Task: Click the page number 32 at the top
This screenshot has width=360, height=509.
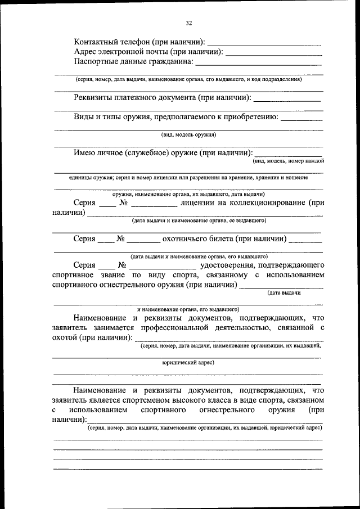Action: click(188, 23)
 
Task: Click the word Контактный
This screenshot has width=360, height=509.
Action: click(96, 42)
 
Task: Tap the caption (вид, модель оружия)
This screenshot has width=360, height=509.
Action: click(188, 135)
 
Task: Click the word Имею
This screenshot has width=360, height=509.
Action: click(84, 152)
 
